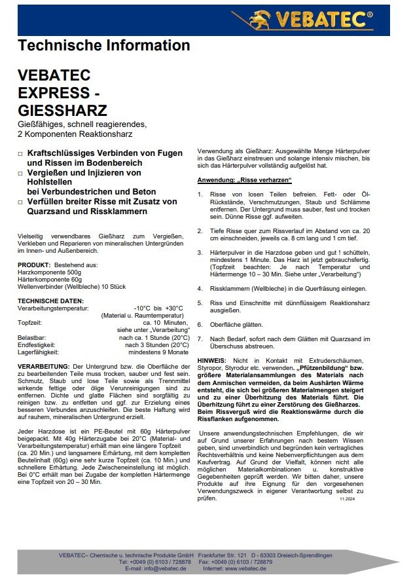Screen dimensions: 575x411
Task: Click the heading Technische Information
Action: (x=104, y=45)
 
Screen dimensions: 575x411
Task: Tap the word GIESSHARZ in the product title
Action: (x=62, y=109)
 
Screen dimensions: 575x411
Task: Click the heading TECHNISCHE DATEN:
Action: (x=50, y=301)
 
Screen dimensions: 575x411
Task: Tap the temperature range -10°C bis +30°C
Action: (x=159, y=307)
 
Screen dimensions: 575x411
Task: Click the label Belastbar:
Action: (x=32, y=337)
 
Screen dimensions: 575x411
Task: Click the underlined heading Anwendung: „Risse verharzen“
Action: (x=245, y=180)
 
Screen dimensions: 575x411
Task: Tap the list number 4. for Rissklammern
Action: (x=200, y=288)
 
